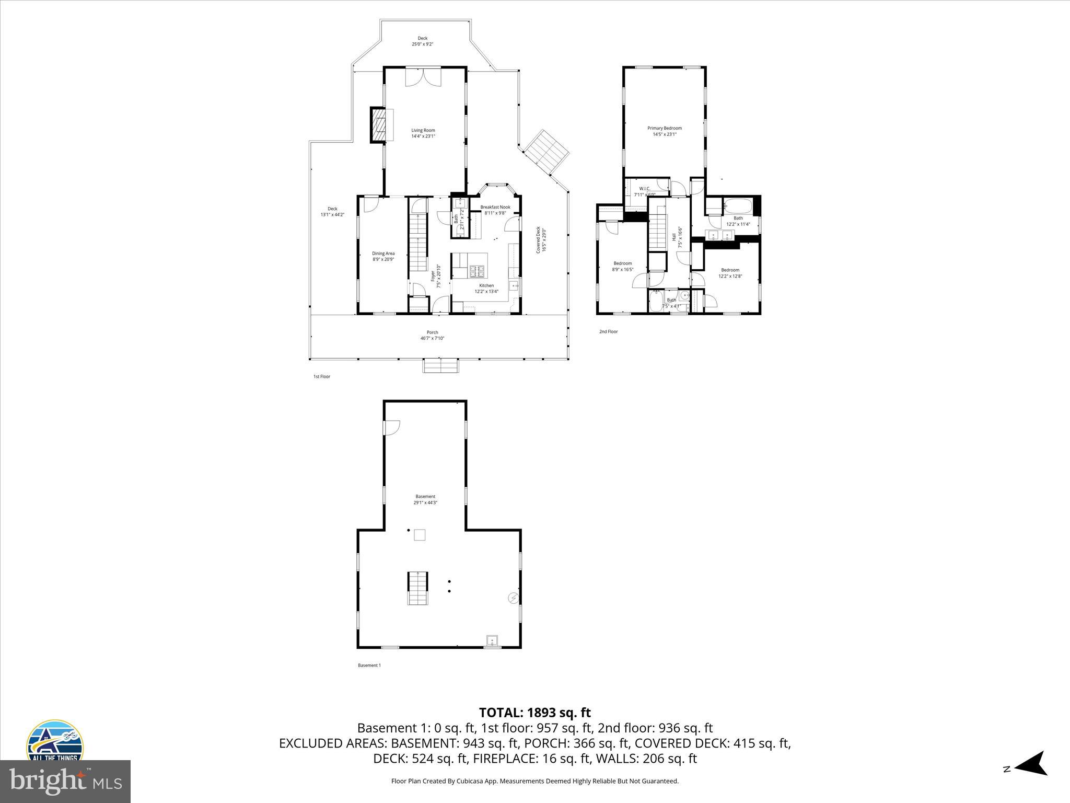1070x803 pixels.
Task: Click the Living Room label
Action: click(423, 133)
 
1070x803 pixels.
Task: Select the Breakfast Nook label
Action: click(495, 210)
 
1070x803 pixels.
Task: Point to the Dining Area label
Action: click(383, 256)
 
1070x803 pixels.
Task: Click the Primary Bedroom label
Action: click(664, 131)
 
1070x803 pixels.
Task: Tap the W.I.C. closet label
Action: click(644, 191)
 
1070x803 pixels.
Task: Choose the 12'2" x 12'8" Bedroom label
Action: click(730, 273)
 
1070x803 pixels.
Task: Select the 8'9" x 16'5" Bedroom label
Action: click(622, 266)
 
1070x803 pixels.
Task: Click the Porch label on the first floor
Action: click(432, 335)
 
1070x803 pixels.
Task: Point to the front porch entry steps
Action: click(440, 365)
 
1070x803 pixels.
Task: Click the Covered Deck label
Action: click(541, 240)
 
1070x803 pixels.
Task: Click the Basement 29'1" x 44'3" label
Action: click(425, 499)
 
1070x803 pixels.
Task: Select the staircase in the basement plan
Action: click(417, 588)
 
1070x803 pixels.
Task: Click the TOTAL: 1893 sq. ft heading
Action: click(534, 713)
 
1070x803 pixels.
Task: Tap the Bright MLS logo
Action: click(65, 781)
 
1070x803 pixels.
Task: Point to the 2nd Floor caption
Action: click(608, 331)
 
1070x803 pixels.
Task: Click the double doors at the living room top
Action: click(423, 77)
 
